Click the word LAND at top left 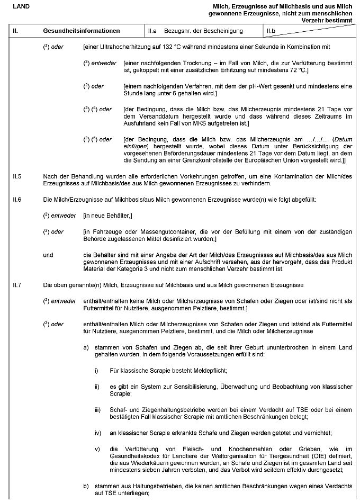click(21, 6)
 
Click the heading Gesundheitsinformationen click(82, 31)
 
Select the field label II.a click(152, 31)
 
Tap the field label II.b click(272, 31)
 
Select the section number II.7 click(17, 285)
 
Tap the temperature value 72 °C click(298, 70)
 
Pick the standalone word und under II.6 click(48, 255)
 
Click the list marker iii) click(97, 410)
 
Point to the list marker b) click(86, 486)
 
